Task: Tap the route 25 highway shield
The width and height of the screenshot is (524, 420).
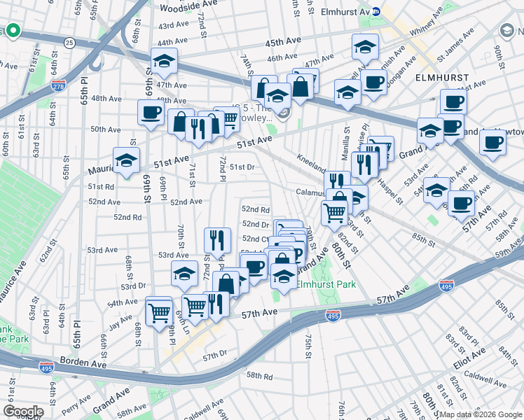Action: [69, 43]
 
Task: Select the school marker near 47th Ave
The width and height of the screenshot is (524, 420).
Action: [165, 62]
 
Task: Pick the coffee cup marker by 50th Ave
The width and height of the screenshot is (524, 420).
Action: [150, 113]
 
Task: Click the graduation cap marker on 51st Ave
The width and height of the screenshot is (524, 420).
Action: [127, 160]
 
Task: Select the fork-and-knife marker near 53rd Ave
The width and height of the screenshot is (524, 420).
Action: [217, 240]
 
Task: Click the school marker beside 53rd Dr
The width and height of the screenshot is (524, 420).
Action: [184, 274]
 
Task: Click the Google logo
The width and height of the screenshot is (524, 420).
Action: [23, 411]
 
